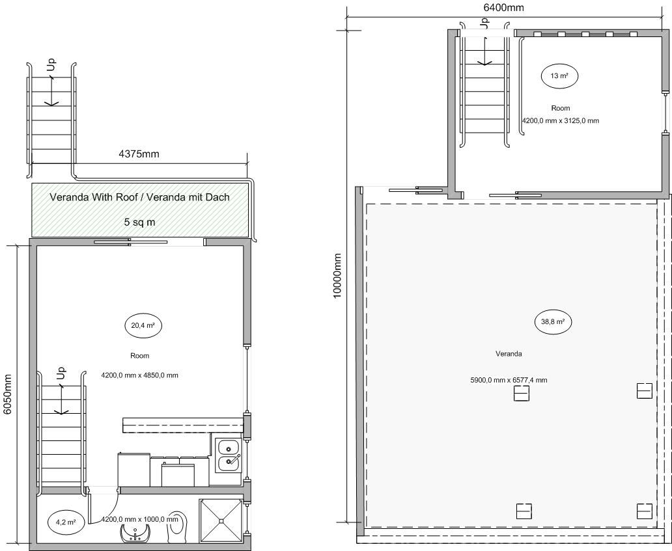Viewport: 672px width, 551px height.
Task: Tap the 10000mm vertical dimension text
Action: (337, 276)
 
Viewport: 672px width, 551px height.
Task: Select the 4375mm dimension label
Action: (139, 154)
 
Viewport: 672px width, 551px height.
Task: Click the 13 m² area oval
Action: (559, 76)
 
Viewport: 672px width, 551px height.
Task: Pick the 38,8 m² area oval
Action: (553, 322)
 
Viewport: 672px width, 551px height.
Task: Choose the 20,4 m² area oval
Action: (143, 326)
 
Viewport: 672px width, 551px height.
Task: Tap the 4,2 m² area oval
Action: (66, 522)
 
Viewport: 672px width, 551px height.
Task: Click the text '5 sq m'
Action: (140, 222)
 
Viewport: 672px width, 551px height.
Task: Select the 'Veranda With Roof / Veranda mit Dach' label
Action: (140, 197)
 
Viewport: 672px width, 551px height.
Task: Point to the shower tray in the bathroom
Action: (221, 520)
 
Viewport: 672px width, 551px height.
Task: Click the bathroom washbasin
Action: (136, 533)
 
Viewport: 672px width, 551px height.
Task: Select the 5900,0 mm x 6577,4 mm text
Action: (509, 380)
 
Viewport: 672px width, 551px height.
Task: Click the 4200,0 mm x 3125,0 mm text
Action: (560, 121)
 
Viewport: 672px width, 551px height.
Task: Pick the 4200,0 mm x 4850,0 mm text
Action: (140, 375)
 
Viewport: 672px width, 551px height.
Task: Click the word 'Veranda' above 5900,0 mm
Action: (509, 354)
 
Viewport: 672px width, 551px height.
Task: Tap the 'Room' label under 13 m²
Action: (561, 109)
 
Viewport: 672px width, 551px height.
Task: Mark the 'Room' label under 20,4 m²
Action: (140, 356)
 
